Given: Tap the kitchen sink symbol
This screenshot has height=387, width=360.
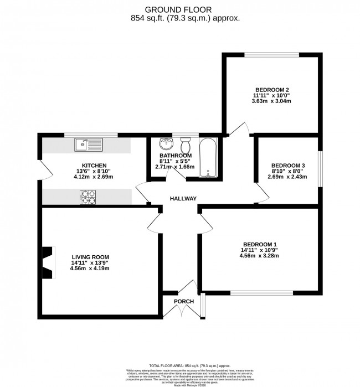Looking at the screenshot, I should pyautogui.click(x=88, y=145).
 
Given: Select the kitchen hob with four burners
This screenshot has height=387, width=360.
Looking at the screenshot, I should pyautogui.click(x=88, y=195).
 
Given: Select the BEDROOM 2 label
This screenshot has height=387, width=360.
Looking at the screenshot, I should pyautogui.click(x=272, y=90).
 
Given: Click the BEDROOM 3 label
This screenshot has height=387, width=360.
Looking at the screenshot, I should pyautogui.click(x=287, y=166).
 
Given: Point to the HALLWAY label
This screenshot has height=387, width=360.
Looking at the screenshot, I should pyautogui.click(x=183, y=198).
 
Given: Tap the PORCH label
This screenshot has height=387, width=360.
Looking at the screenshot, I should pyautogui.click(x=184, y=301).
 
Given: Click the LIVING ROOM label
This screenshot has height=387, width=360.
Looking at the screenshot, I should pyautogui.click(x=90, y=257).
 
